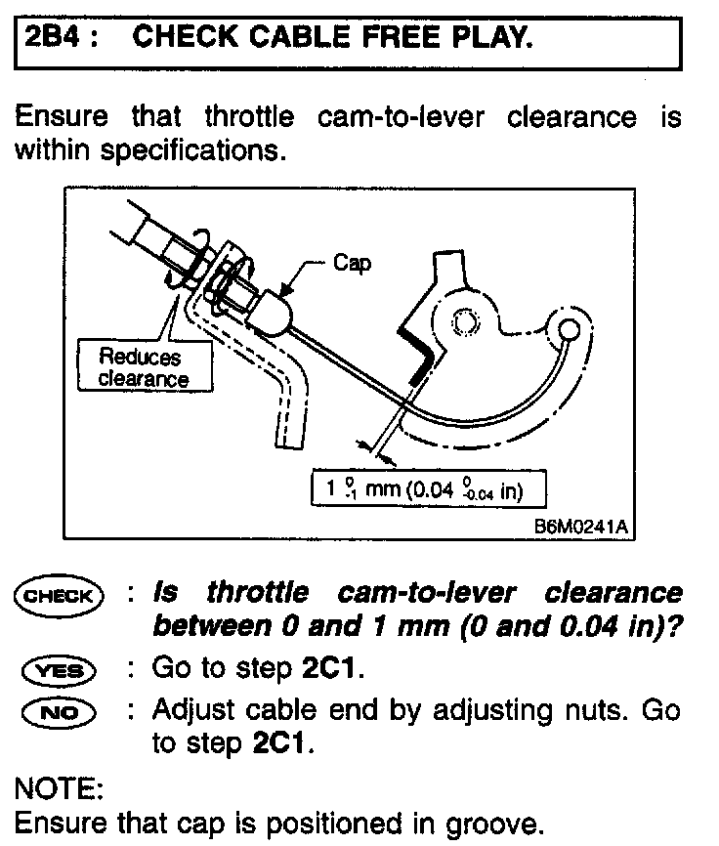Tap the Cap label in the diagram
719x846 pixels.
point(352,264)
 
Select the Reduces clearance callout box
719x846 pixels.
point(143,367)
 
